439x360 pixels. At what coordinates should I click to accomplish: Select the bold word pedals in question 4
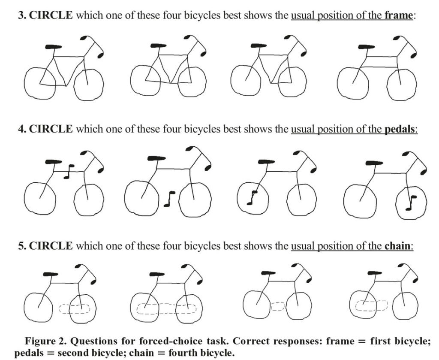coord(400,130)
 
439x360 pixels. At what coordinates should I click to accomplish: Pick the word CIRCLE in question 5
coord(51,246)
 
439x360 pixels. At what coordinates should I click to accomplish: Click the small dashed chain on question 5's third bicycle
coord(278,306)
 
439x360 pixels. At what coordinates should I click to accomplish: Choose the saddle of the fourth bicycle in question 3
coord(367,47)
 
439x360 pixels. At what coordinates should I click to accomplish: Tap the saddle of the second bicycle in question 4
coord(156,158)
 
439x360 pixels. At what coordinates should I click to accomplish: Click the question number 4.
coord(21,130)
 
